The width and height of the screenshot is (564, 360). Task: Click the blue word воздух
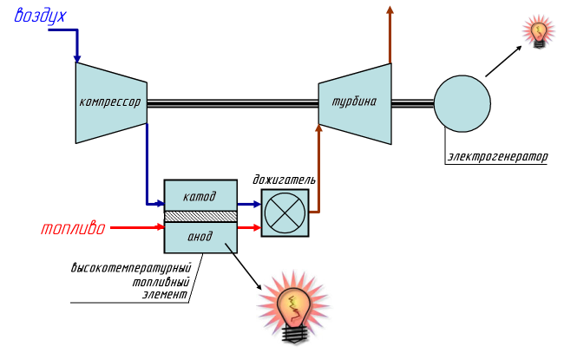(x=40, y=16)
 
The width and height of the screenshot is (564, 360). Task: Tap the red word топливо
(x=73, y=229)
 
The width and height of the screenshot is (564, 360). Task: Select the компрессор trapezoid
(x=110, y=101)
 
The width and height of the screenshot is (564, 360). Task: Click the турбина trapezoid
(x=354, y=101)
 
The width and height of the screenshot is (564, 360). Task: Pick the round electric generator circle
(x=462, y=102)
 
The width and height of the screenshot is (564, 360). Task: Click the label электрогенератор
(x=498, y=157)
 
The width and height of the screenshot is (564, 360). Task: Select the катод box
(x=200, y=195)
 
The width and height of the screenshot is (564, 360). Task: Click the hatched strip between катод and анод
(x=200, y=216)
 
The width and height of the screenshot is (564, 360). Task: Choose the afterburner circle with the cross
(x=285, y=213)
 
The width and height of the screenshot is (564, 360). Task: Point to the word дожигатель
(x=284, y=180)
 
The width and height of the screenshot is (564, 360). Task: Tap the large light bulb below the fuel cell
(x=294, y=306)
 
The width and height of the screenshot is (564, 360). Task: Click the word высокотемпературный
(x=130, y=269)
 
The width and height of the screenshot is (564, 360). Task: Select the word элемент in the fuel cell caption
(x=165, y=294)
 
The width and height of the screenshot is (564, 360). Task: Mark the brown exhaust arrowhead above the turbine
(x=390, y=10)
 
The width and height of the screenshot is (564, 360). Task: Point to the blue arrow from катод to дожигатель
(x=249, y=205)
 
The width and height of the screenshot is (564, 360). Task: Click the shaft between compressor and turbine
(x=232, y=102)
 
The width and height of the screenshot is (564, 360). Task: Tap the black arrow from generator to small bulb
(x=504, y=62)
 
